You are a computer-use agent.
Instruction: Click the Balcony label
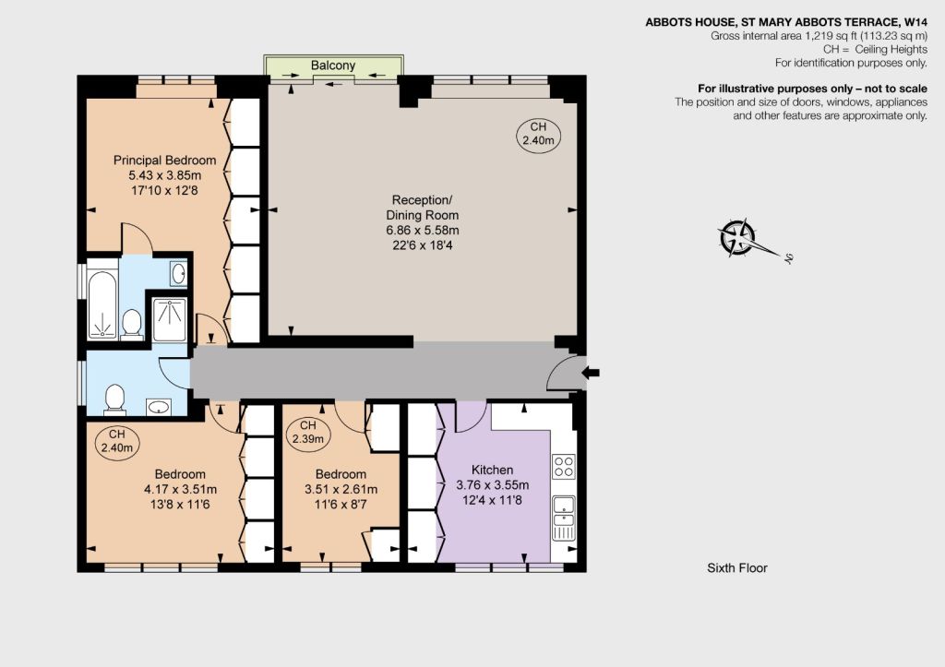pos(332,66)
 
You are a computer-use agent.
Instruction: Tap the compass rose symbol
pos(738,236)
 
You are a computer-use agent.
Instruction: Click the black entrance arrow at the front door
pos(591,373)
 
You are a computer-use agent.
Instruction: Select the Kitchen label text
pos(493,470)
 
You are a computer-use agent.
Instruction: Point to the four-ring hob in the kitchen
pos(564,466)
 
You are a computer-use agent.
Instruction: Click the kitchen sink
pos(564,518)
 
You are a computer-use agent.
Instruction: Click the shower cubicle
pos(170,320)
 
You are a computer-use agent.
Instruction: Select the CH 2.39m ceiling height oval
pos(308,433)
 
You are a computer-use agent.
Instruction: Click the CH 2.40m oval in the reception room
pos(538,134)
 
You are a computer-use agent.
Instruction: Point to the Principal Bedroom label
pos(164,161)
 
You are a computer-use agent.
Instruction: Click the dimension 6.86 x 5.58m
pos(423,230)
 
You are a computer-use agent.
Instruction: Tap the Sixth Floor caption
pos(737,567)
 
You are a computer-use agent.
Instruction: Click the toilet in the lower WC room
pos(114,400)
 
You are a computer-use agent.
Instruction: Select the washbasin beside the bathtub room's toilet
pos(178,274)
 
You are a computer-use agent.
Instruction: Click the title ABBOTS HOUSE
pos(689,22)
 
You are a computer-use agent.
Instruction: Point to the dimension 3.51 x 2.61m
pos(341,489)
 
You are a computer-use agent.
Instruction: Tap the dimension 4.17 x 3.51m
pos(180,489)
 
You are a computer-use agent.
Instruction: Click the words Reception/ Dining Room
pos(422,208)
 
